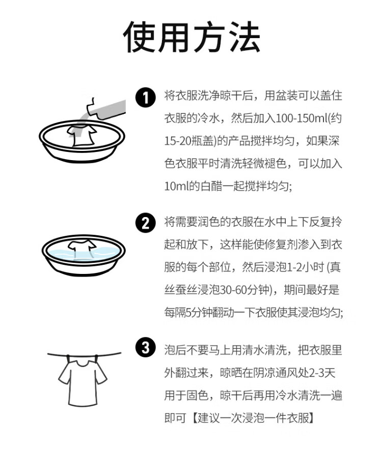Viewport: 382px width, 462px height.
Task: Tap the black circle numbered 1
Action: coord(146,97)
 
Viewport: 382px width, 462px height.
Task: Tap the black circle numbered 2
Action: coord(146,223)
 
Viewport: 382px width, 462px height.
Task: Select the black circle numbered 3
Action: coord(146,348)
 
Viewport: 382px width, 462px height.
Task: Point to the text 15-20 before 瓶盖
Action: coord(178,141)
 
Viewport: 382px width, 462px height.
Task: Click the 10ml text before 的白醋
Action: coord(176,186)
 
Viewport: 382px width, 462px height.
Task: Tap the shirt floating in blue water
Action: coord(82,247)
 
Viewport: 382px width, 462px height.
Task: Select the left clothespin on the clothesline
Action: coord(68,359)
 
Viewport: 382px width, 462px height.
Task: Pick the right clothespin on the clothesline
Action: coord(96,359)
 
